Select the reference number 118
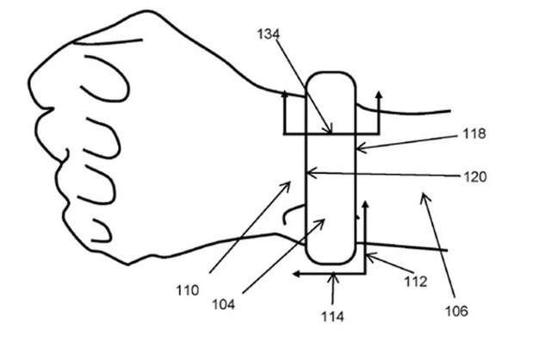tap(473, 133)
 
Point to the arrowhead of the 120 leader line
tap(308, 175)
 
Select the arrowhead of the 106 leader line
tap(420, 196)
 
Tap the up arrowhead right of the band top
tap(376, 89)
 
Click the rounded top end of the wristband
tap(332, 78)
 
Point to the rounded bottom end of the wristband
tap(332, 261)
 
